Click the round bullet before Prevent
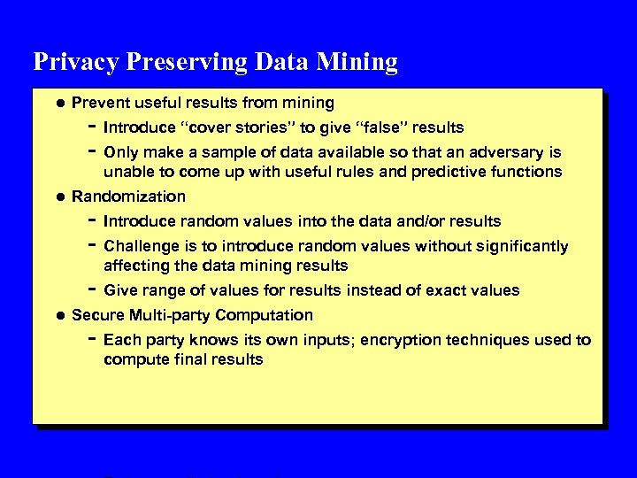click(58, 103)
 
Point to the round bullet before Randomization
click(58, 197)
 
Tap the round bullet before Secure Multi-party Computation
click(58, 315)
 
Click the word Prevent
click(99, 103)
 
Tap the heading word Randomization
click(128, 197)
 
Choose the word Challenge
click(137, 246)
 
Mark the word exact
click(450, 290)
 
